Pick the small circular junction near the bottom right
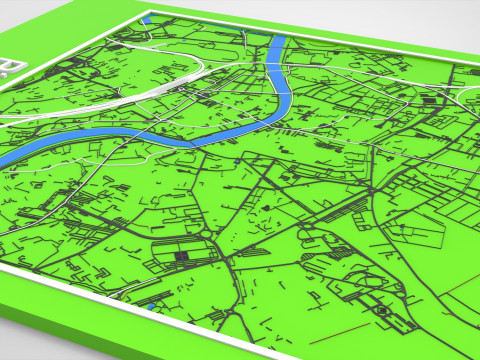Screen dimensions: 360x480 (381, 313)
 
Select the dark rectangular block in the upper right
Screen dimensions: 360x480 (433, 99)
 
